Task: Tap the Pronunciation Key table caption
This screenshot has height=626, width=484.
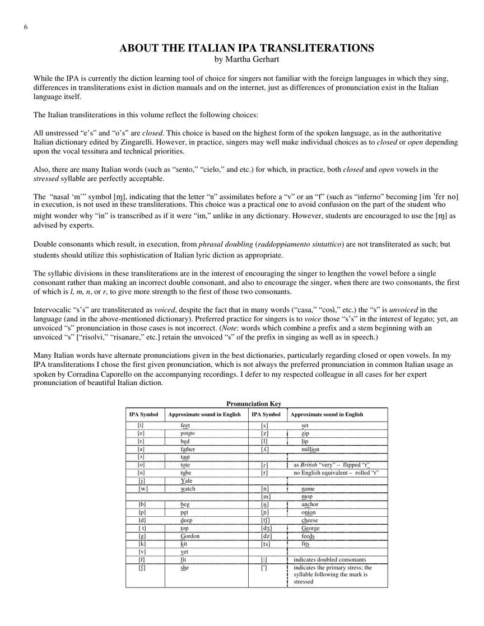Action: pyautogui.click(x=254, y=404)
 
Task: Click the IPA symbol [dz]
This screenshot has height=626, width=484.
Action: pyautogui.click(x=267, y=536)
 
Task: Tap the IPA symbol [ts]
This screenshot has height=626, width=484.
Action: pyautogui.click(x=267, y=544)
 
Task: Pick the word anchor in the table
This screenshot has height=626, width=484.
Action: pyautogui.click(x=310, y=504)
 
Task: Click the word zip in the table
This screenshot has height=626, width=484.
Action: pyautogui.click(x=305, y=434)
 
